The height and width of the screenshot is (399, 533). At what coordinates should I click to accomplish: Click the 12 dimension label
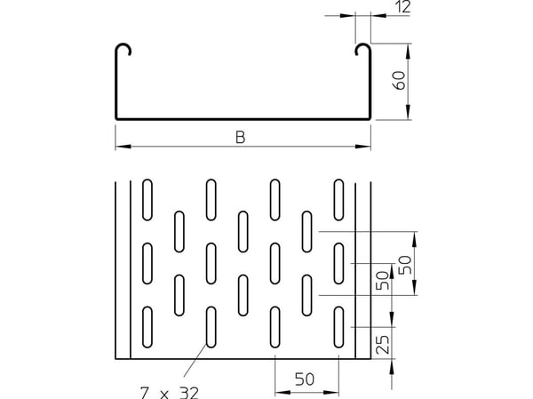point(403,7)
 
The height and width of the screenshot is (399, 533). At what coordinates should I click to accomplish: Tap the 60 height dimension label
point(399,81)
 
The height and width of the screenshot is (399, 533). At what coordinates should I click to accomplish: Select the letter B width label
point(240,138)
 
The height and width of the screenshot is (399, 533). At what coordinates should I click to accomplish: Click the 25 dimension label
point(383,345)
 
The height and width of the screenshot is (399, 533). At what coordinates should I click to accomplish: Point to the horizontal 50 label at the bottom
point(305,379)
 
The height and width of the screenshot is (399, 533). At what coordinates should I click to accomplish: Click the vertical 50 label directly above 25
point(382,281)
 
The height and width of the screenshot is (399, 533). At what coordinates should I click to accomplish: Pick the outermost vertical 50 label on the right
point(405,265)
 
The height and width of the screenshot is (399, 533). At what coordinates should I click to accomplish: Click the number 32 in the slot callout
point(188,394)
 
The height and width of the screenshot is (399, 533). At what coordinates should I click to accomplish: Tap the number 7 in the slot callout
point(145,394)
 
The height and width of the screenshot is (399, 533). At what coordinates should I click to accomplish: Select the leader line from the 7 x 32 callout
point(195,361)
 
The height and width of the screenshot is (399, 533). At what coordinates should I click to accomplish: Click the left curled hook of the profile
point(123,49)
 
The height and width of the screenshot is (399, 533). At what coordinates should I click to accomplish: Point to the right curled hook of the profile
point(362,49)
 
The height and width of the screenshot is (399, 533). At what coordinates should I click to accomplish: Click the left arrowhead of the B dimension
point(123,147)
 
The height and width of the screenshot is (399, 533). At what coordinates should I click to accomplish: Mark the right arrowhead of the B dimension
point(362,147)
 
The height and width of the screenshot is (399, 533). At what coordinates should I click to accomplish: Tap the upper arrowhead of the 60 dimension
point(408,52)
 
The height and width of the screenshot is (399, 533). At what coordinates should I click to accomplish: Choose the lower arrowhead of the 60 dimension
point(408,112)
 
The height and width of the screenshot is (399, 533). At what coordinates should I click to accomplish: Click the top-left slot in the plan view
point(147,200)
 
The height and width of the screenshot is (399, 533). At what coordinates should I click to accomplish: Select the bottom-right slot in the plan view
point(338,327)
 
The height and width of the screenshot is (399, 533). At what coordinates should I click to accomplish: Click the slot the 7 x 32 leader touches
point(211,327)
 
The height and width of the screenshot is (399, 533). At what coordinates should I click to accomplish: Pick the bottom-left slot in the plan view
point(147,327)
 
